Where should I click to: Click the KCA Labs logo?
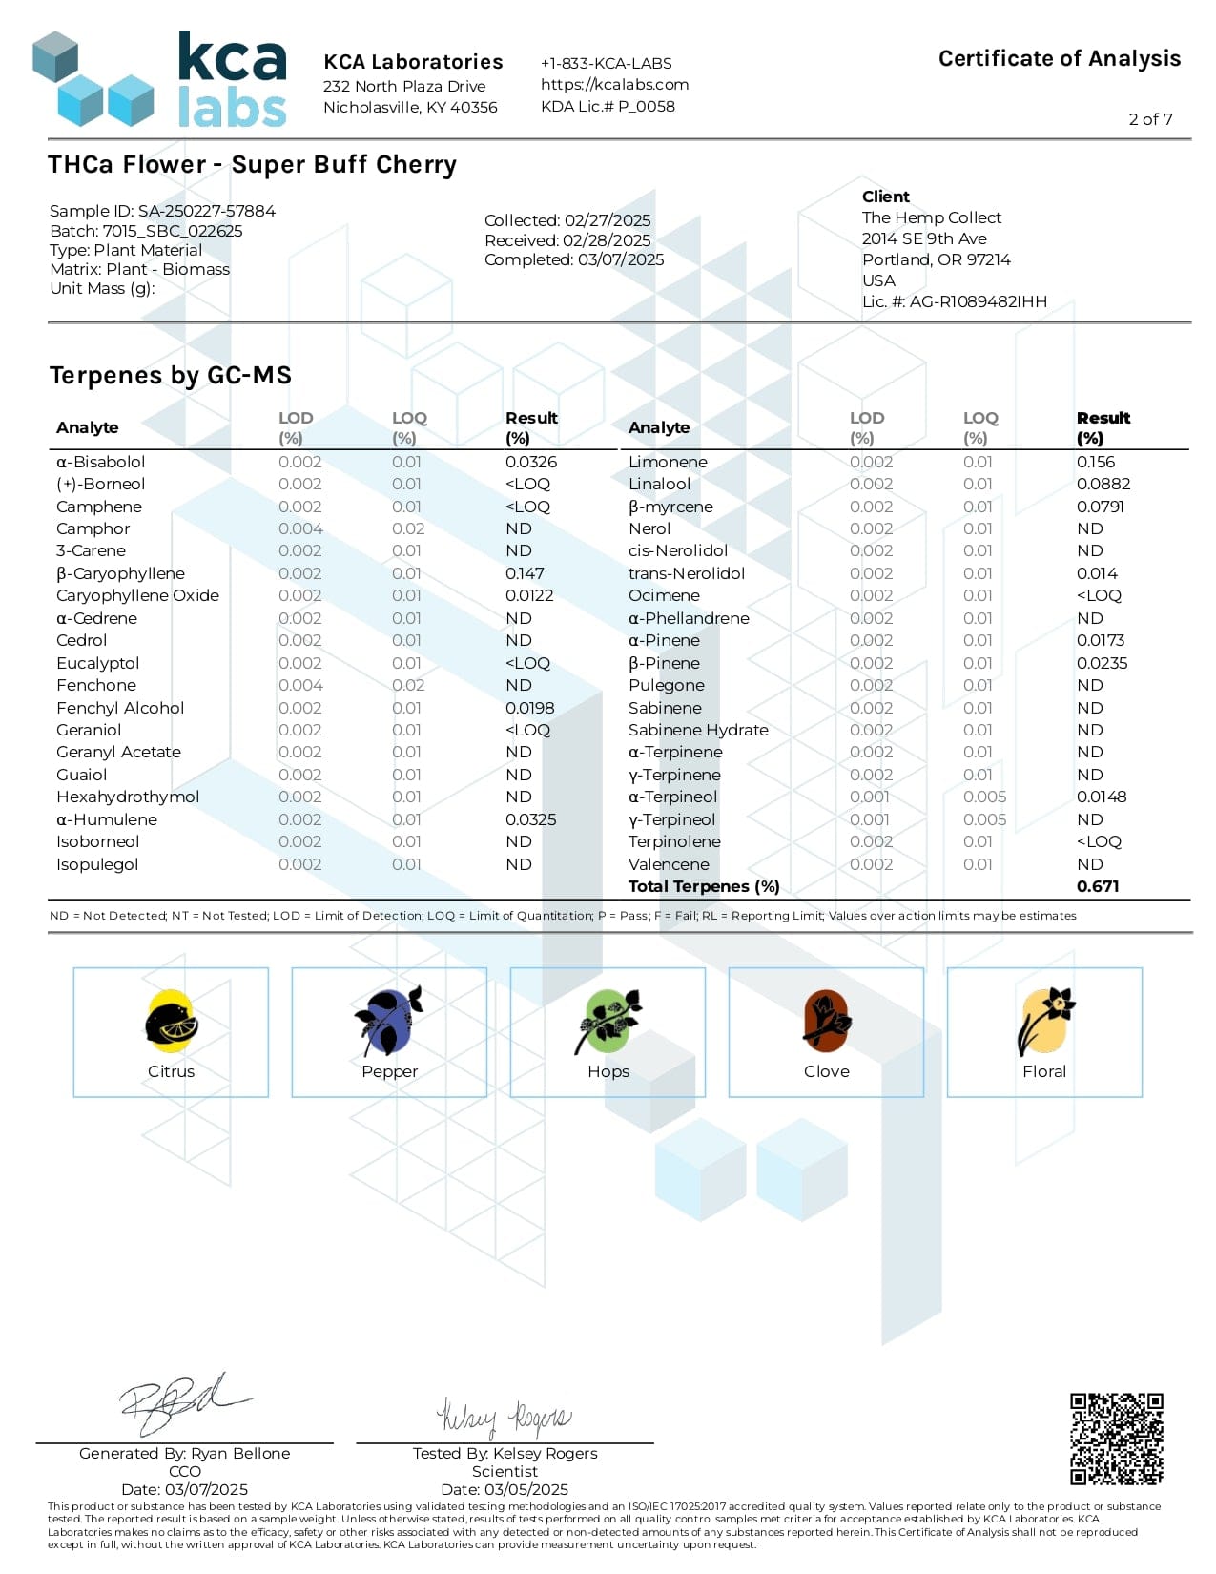coord(159,79)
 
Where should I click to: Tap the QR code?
coord(1116,1439)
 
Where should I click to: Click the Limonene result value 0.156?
coord(1095,462)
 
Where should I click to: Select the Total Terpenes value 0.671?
coord(1098,886)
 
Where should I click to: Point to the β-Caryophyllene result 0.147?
coord(525,573)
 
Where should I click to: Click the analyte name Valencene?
coord(669,864)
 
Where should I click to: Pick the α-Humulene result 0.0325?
coord(530,819)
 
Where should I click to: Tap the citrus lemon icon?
coord(172,1021)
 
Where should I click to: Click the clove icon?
coord(826,1021)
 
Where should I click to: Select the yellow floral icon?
coord(1045,1021)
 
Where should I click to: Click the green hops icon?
coord(608,1021)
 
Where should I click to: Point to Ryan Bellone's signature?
coord(181,1402)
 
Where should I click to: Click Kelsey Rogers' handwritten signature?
coord(504,1418)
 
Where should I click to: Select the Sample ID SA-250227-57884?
coord(206,211)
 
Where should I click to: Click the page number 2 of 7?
coord(1150,119)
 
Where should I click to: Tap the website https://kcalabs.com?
coord(614,84)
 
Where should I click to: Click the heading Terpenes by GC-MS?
coord(171,375)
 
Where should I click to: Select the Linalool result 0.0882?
coord(1103,484)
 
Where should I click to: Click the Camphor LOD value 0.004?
coord(300,528)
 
